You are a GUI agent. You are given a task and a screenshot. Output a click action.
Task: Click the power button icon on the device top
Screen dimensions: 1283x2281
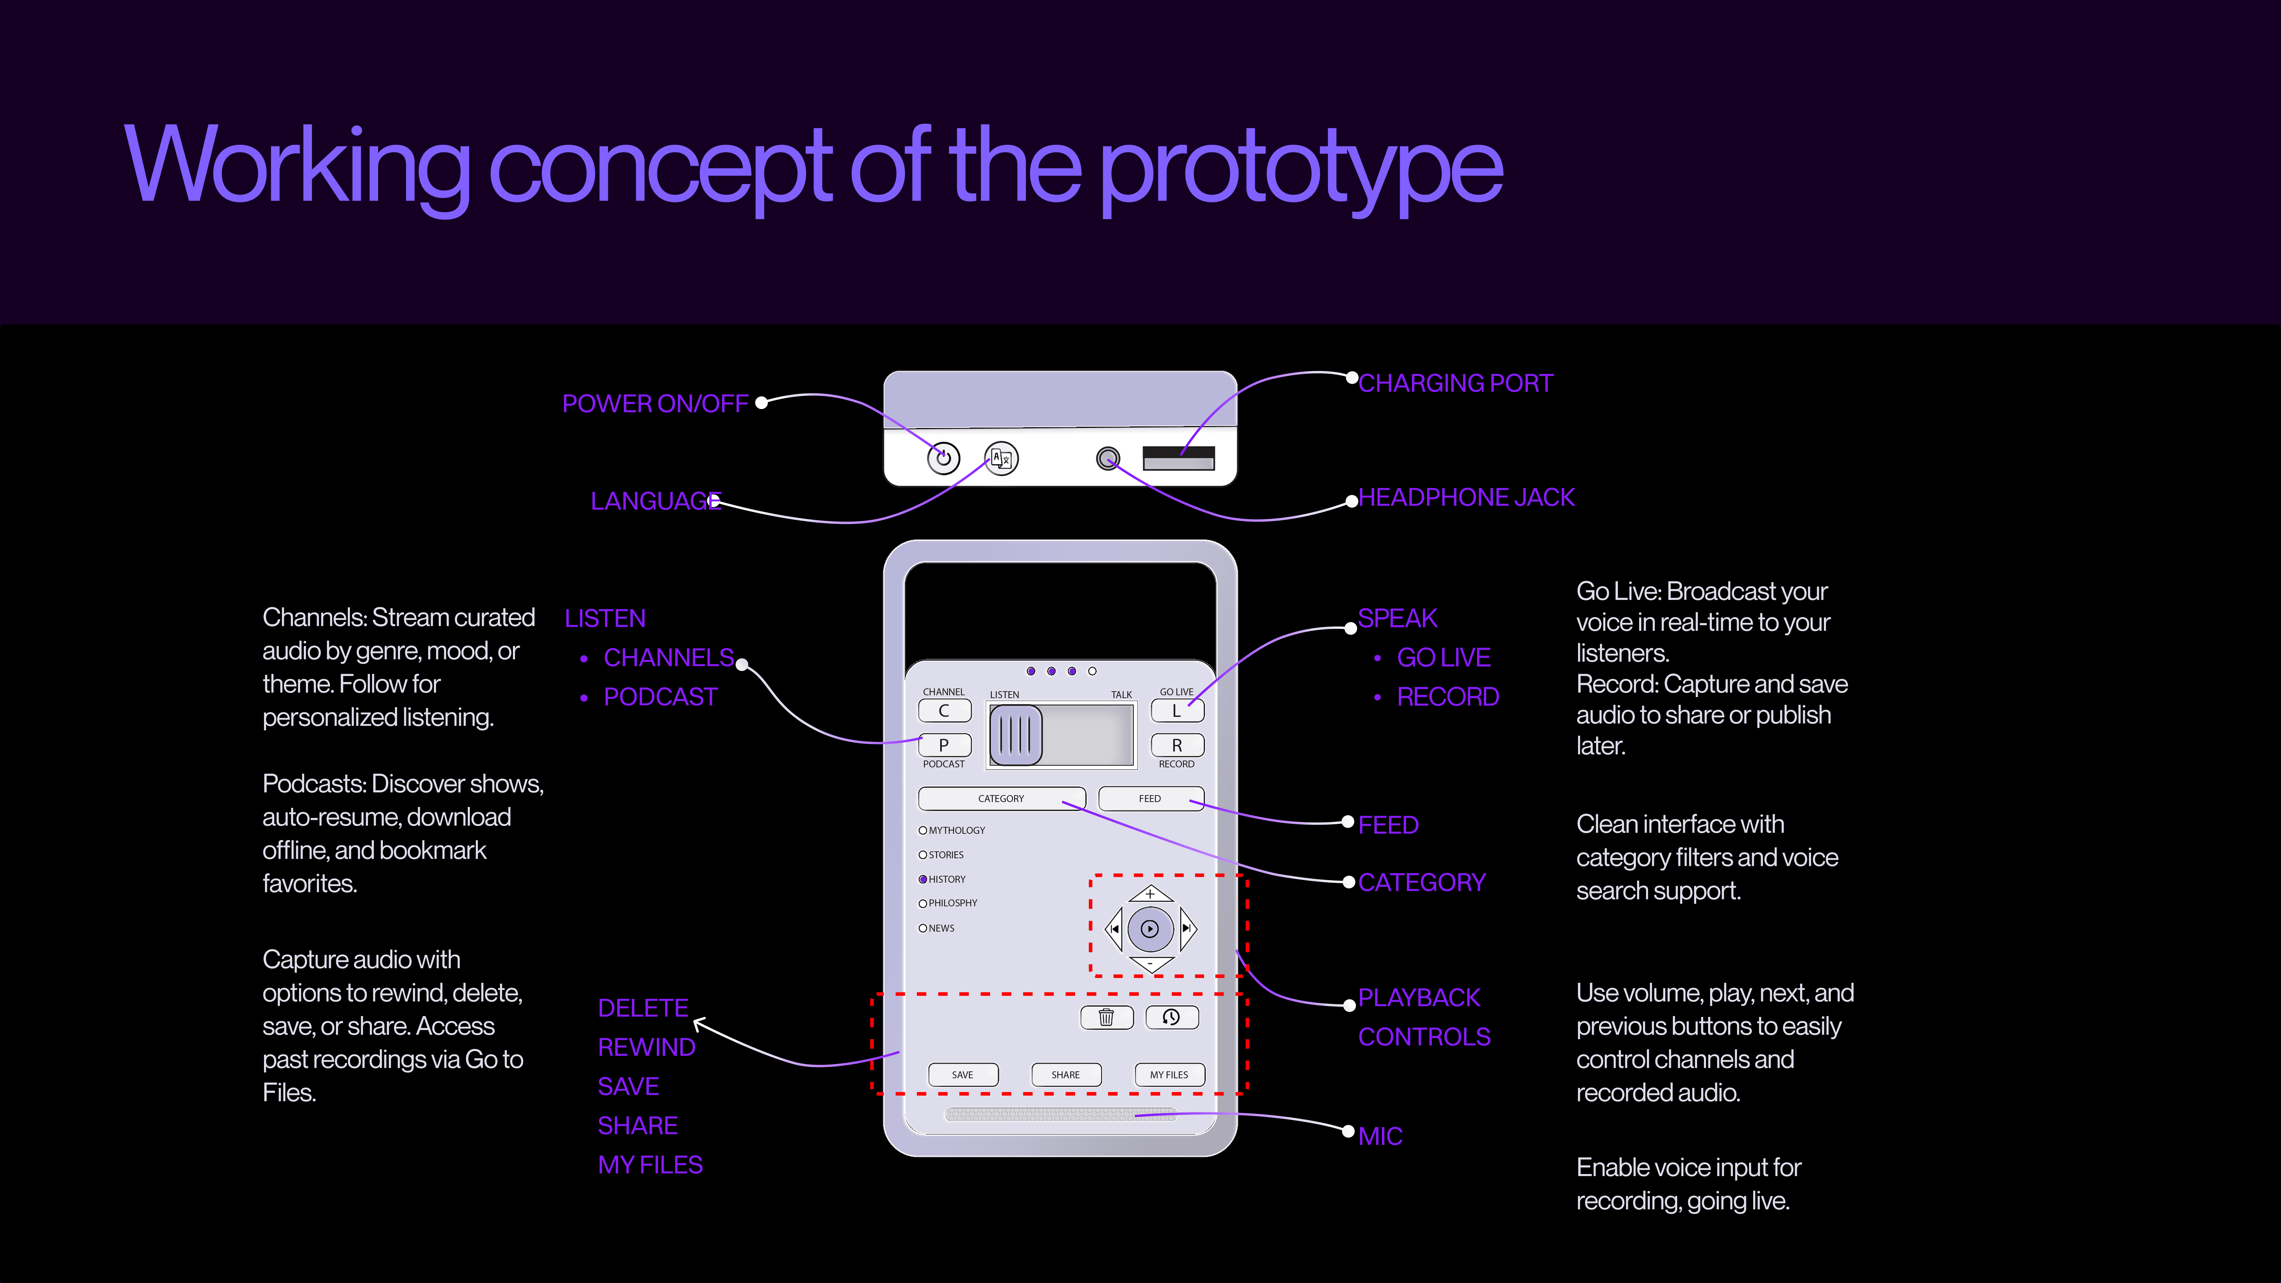[943, 458]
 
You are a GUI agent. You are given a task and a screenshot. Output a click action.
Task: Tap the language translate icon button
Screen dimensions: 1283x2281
[1002, 458]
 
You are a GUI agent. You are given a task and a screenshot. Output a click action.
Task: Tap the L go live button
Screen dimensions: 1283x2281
[1177, 710]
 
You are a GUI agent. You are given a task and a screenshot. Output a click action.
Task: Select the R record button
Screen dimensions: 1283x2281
[1177, 745]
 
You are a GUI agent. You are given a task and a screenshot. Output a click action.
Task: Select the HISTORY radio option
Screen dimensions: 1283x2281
[924, 879]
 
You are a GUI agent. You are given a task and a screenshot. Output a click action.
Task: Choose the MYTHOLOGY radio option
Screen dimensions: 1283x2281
[924, 831]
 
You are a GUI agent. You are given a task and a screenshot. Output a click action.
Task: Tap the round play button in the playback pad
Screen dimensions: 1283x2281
[1149, 929]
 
